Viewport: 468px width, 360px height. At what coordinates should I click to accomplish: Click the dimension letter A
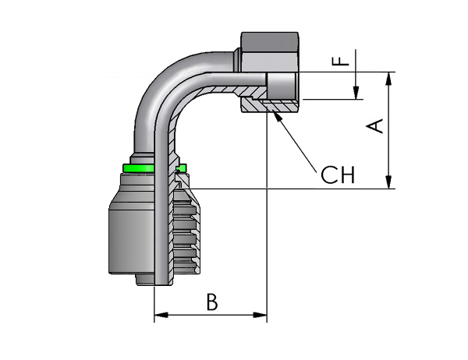[x=374, y=125]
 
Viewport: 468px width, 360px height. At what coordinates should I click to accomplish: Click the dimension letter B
[x=212, y=302]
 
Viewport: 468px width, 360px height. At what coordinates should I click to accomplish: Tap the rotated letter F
[x=341, y=62]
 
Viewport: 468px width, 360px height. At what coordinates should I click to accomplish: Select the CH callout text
[x=338, y=175]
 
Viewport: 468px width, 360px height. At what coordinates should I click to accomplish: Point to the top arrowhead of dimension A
[x=388, y=79]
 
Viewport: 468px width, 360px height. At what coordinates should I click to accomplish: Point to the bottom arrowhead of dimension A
[x=388, y=182]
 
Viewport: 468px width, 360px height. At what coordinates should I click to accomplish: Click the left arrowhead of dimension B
[x=161, y=315]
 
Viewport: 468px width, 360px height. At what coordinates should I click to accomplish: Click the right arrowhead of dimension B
[x=260, y=315]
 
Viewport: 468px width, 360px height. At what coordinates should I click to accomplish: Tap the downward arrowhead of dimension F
[x=356, y=93]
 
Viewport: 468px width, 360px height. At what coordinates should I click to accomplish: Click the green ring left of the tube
[x=139, y=168]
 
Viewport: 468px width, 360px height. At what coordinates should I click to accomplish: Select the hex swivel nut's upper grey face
[x=270, y=42]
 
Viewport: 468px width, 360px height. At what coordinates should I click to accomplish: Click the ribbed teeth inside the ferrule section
[x=185, y=235]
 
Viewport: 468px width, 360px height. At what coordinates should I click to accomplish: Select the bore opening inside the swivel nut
[x=282, y=86]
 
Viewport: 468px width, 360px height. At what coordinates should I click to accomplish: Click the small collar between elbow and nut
[x=237, y=60]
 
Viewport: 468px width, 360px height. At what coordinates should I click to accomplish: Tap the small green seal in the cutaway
[x=181, y=168]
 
